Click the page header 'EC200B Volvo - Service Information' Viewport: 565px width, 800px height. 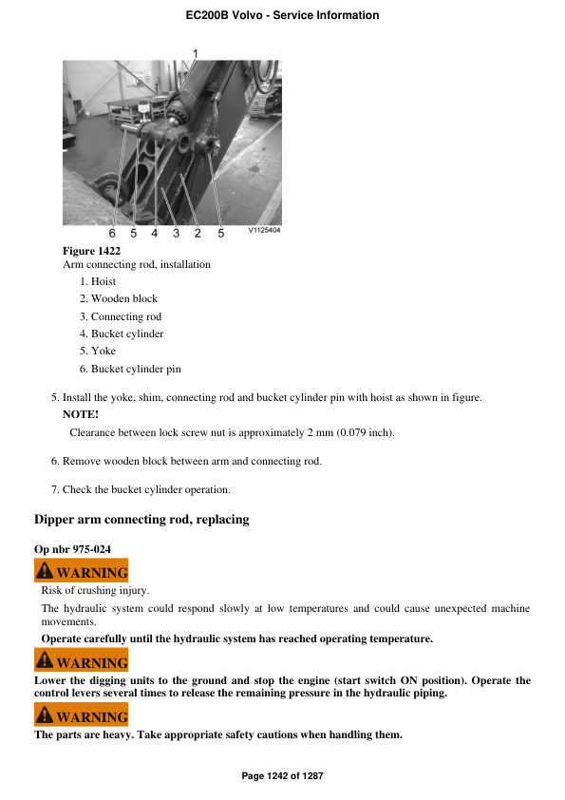point(282,15)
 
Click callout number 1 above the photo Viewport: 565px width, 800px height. point(196,52)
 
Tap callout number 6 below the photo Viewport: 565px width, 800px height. point(111,233)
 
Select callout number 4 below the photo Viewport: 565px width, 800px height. point(155,233)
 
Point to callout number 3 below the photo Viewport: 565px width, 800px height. point(176,233)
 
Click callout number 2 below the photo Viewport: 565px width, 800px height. point(198,233)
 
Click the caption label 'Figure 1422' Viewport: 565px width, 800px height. point(91,251)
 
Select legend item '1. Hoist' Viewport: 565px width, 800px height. point(98,281)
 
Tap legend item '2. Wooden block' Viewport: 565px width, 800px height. point(119,298)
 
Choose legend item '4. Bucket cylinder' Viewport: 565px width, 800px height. point(122,333)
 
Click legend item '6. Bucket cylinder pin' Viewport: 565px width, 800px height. point(130,369)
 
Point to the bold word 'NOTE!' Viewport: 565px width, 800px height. point(81,414)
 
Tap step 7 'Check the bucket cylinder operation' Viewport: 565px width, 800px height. point(141,489)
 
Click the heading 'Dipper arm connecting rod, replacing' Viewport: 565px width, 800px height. point(141,520)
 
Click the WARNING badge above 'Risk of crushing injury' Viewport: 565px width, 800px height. point(81,572)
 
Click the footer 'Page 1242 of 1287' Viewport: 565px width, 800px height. point(282,776)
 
